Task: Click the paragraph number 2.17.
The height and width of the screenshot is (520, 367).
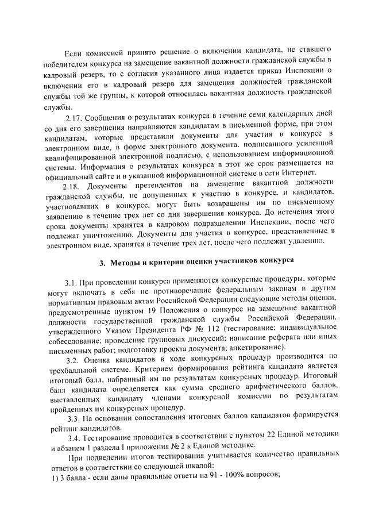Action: point(75,119)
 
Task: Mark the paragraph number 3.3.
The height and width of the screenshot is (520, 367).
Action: point(76,417)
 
